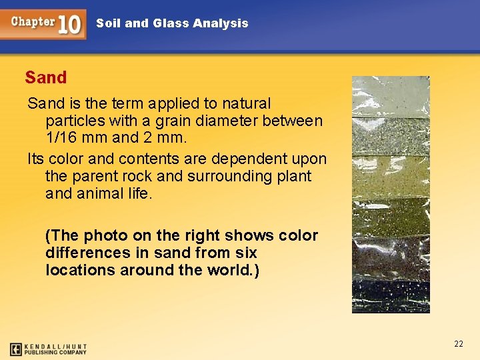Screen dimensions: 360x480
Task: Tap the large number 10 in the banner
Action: (x=70, y=24)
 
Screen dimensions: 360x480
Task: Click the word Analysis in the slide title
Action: (x=220, y=23)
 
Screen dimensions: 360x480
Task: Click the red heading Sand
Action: (x=46, y=77)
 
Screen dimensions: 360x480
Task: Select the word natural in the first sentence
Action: (x=247, y=103)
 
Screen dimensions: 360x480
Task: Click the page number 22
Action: (x=458, y=344)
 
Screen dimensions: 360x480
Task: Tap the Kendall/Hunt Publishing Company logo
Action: (x=48, y=349)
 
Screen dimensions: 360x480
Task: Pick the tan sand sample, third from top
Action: (x=391, y=177)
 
